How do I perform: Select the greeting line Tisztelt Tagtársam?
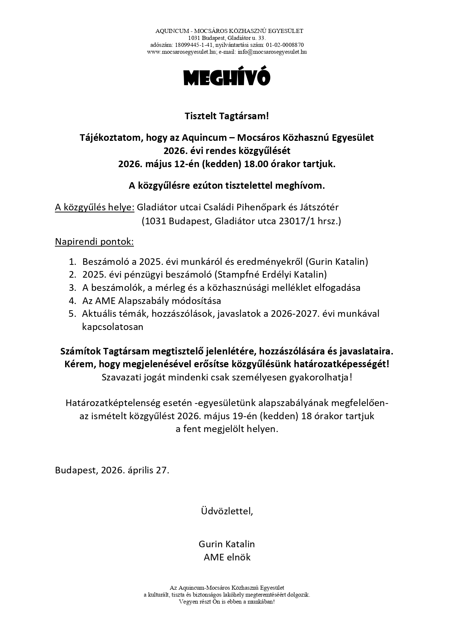pyautogui.click(x=227, y=117)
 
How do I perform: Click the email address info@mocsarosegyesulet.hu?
pyautogui.click(x=272, y=52)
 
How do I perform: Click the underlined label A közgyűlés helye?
pyautogui.click(x=95, y=207)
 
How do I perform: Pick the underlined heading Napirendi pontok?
pyautogui.click(x=94, y=242)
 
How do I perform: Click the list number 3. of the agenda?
pyautogui.click(x=72, y=288)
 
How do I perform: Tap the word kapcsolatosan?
pyautogui.click(x=113, y=327)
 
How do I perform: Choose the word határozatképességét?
pyautogui.click(x=342, y=364)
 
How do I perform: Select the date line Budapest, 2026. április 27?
pyautogui.click(x=112, y=470)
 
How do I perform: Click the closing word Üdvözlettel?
pyautogui.click(x=227, y=511)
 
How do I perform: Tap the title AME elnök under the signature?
pyautogui.click(x=227, y=557)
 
